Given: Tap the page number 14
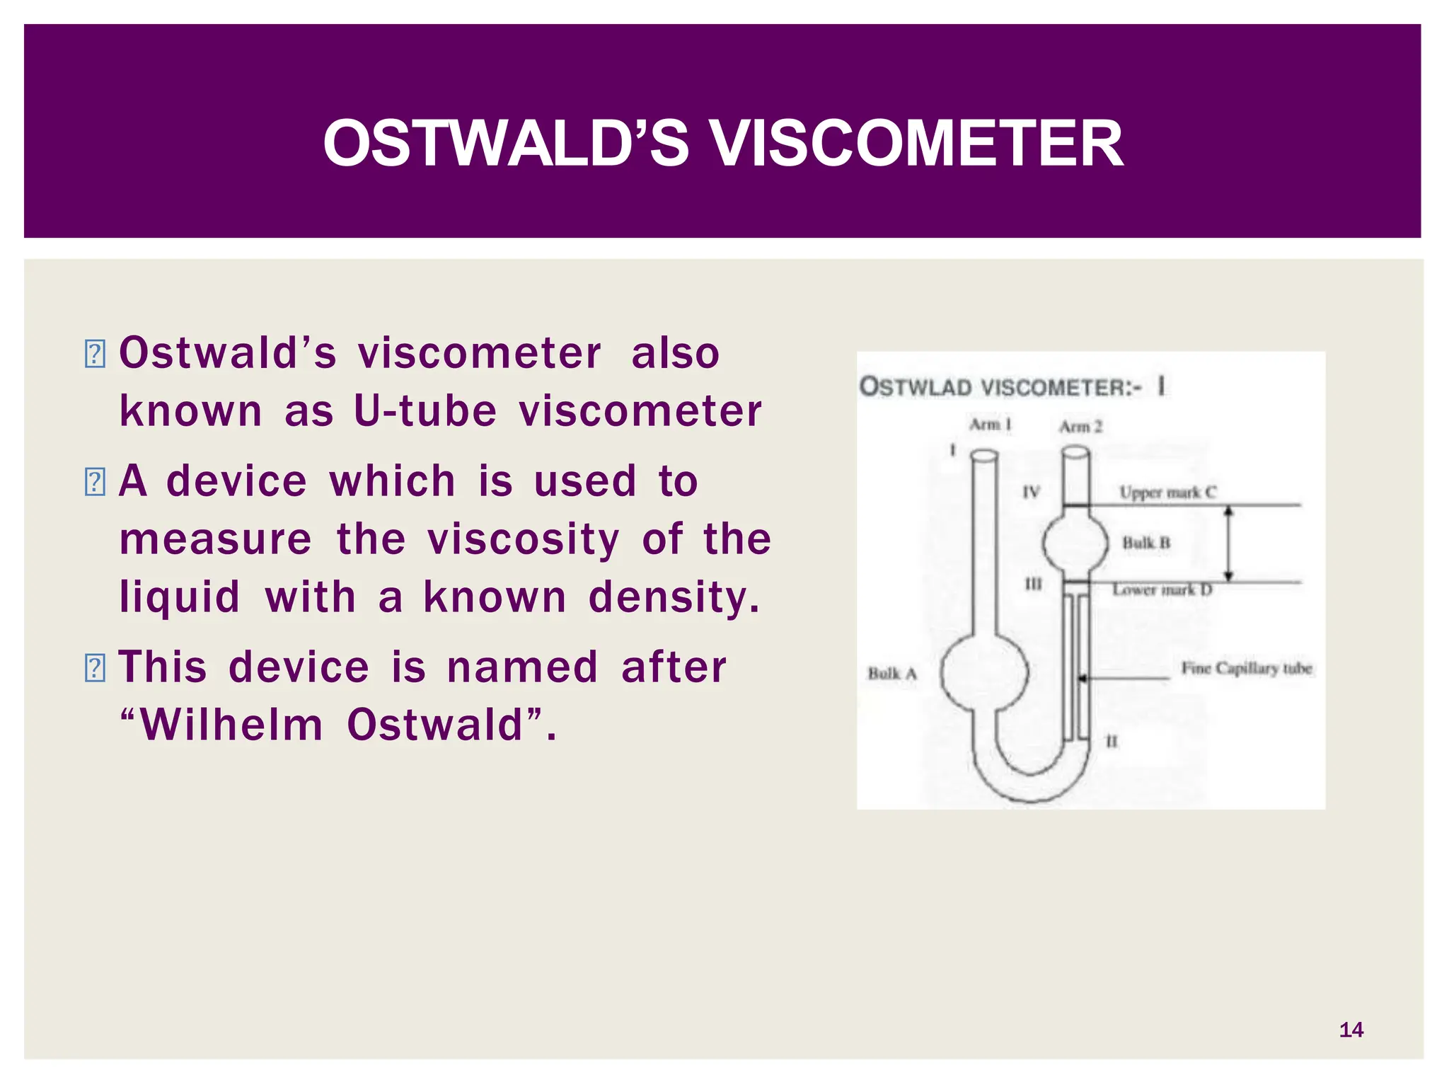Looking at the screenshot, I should point(1351,1030).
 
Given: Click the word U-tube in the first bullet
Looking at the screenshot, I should point(425,410).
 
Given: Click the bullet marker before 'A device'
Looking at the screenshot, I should point(94,482).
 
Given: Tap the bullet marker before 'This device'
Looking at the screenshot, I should point(94,668).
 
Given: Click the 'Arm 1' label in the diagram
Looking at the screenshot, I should point(990,425).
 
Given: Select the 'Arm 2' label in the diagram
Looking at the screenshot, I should point(1080,427).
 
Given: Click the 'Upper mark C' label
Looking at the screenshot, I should point(1167,492).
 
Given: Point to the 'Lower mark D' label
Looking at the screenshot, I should point(1162,589).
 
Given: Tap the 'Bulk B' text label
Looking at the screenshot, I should point(1146,543).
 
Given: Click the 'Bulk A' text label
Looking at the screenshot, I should point(892,674).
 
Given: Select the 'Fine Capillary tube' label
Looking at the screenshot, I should point(1247,668).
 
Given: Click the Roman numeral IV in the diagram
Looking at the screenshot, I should point(1031,492).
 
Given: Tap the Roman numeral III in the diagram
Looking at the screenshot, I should point(1033,584).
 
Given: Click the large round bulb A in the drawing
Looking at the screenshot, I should point(984,672).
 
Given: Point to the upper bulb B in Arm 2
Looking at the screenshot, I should point(1075,543).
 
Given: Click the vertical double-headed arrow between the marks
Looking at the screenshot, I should point(1229,543).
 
